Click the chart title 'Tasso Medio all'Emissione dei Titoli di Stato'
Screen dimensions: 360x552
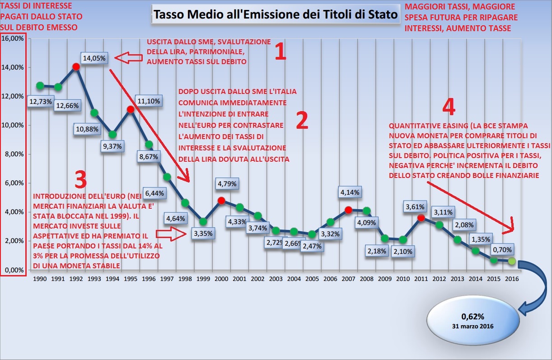tap(276, 14)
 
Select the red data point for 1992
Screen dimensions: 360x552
tap(76, 66)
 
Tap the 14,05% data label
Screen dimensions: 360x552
tap(94, 58)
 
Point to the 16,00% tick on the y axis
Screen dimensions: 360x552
tap(14, 38)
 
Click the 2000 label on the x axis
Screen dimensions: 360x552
tap(221, 279)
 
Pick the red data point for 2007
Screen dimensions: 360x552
tap(348, 210)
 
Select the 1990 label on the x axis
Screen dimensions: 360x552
tap(40, 279)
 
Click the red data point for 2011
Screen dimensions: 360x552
tap(421, 218)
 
